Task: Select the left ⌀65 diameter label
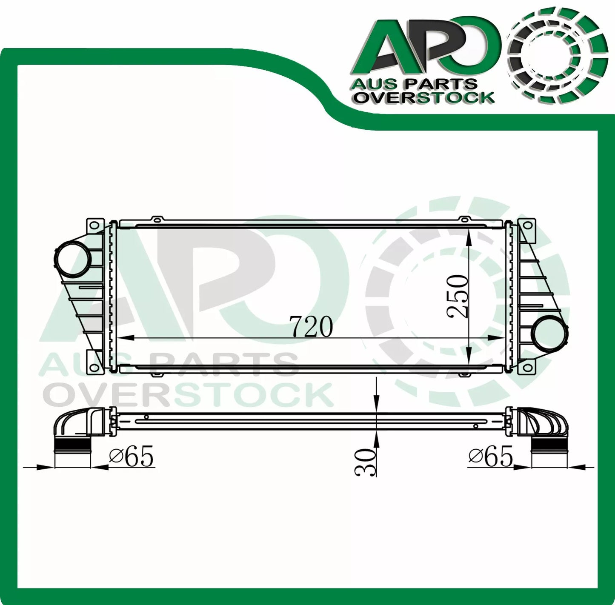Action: coord(131,458)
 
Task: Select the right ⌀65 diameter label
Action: coord(491,457)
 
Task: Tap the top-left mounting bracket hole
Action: coord(94,225)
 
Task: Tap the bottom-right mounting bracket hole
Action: coord(527,366)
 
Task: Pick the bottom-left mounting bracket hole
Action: coord(94,366)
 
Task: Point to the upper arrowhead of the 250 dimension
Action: coord(469,238)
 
